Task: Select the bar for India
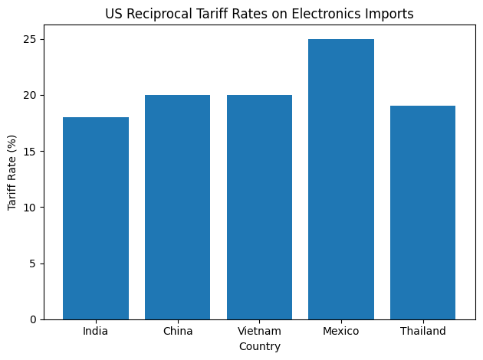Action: point(96,218)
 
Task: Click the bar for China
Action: point(177,207)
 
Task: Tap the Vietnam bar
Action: point(259,207)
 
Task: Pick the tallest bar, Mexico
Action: point(341,179)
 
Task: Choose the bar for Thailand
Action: point(423,213)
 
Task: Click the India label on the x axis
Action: point(96,331)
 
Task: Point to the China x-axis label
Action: point(177,331)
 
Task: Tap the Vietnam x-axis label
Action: point(259,331)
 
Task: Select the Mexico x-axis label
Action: point(341,331)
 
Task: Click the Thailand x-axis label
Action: point(423,331)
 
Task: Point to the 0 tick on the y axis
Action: point(34,319)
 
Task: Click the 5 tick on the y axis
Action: point(34,263)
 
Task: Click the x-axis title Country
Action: point(259,346)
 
